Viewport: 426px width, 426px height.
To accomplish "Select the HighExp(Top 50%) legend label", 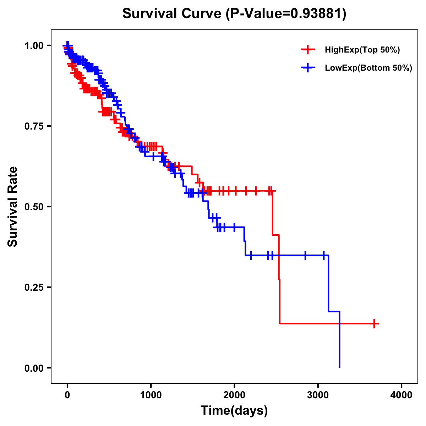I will pyautogui.click(x=362, y=50).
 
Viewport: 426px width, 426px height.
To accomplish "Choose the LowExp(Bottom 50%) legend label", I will pyautogui.click(x=368, y=68).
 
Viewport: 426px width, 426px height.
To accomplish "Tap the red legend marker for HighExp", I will pyautogui.click(x=308, y=50).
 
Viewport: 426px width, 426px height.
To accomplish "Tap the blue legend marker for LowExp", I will pyautogui.click(x=308, y=68).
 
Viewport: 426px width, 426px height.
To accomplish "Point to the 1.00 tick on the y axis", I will pyautogui.click(x=34, y=46).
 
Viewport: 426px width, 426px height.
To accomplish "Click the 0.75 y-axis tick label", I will pyautogui.click(x=34, y=126).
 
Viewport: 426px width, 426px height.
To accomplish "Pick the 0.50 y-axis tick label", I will pyautogui.click(x=34, y=207).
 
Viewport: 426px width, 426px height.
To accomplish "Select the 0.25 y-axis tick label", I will pyautogui.click(x=34, y=288).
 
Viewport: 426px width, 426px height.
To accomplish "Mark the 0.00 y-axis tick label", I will pyautogui.click(x=34, y=368).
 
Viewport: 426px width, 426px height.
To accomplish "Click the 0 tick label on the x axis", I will pyautogui.click(x=67, y=395).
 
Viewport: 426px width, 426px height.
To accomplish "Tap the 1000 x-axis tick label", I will pyautogui.click(x=151, y=395).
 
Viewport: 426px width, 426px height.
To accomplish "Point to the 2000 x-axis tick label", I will pyautogui.click(x=234, y=395).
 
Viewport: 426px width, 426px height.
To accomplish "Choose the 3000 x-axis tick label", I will pyautogui.click(x=318, y=395).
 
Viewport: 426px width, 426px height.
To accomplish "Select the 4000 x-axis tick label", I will pyautogui.click(x=402, y=395).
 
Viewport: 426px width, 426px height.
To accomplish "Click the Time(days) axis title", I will pyautogui.click(x=234, y=411).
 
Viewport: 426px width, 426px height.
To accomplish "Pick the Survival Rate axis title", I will pyautogui.click(x=13, y=207).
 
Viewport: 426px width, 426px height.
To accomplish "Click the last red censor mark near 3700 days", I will pyautogui.click(x=374, y=323).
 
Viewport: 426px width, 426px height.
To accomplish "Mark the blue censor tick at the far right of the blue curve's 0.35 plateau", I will pyautogui.click(x=324, y=255).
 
